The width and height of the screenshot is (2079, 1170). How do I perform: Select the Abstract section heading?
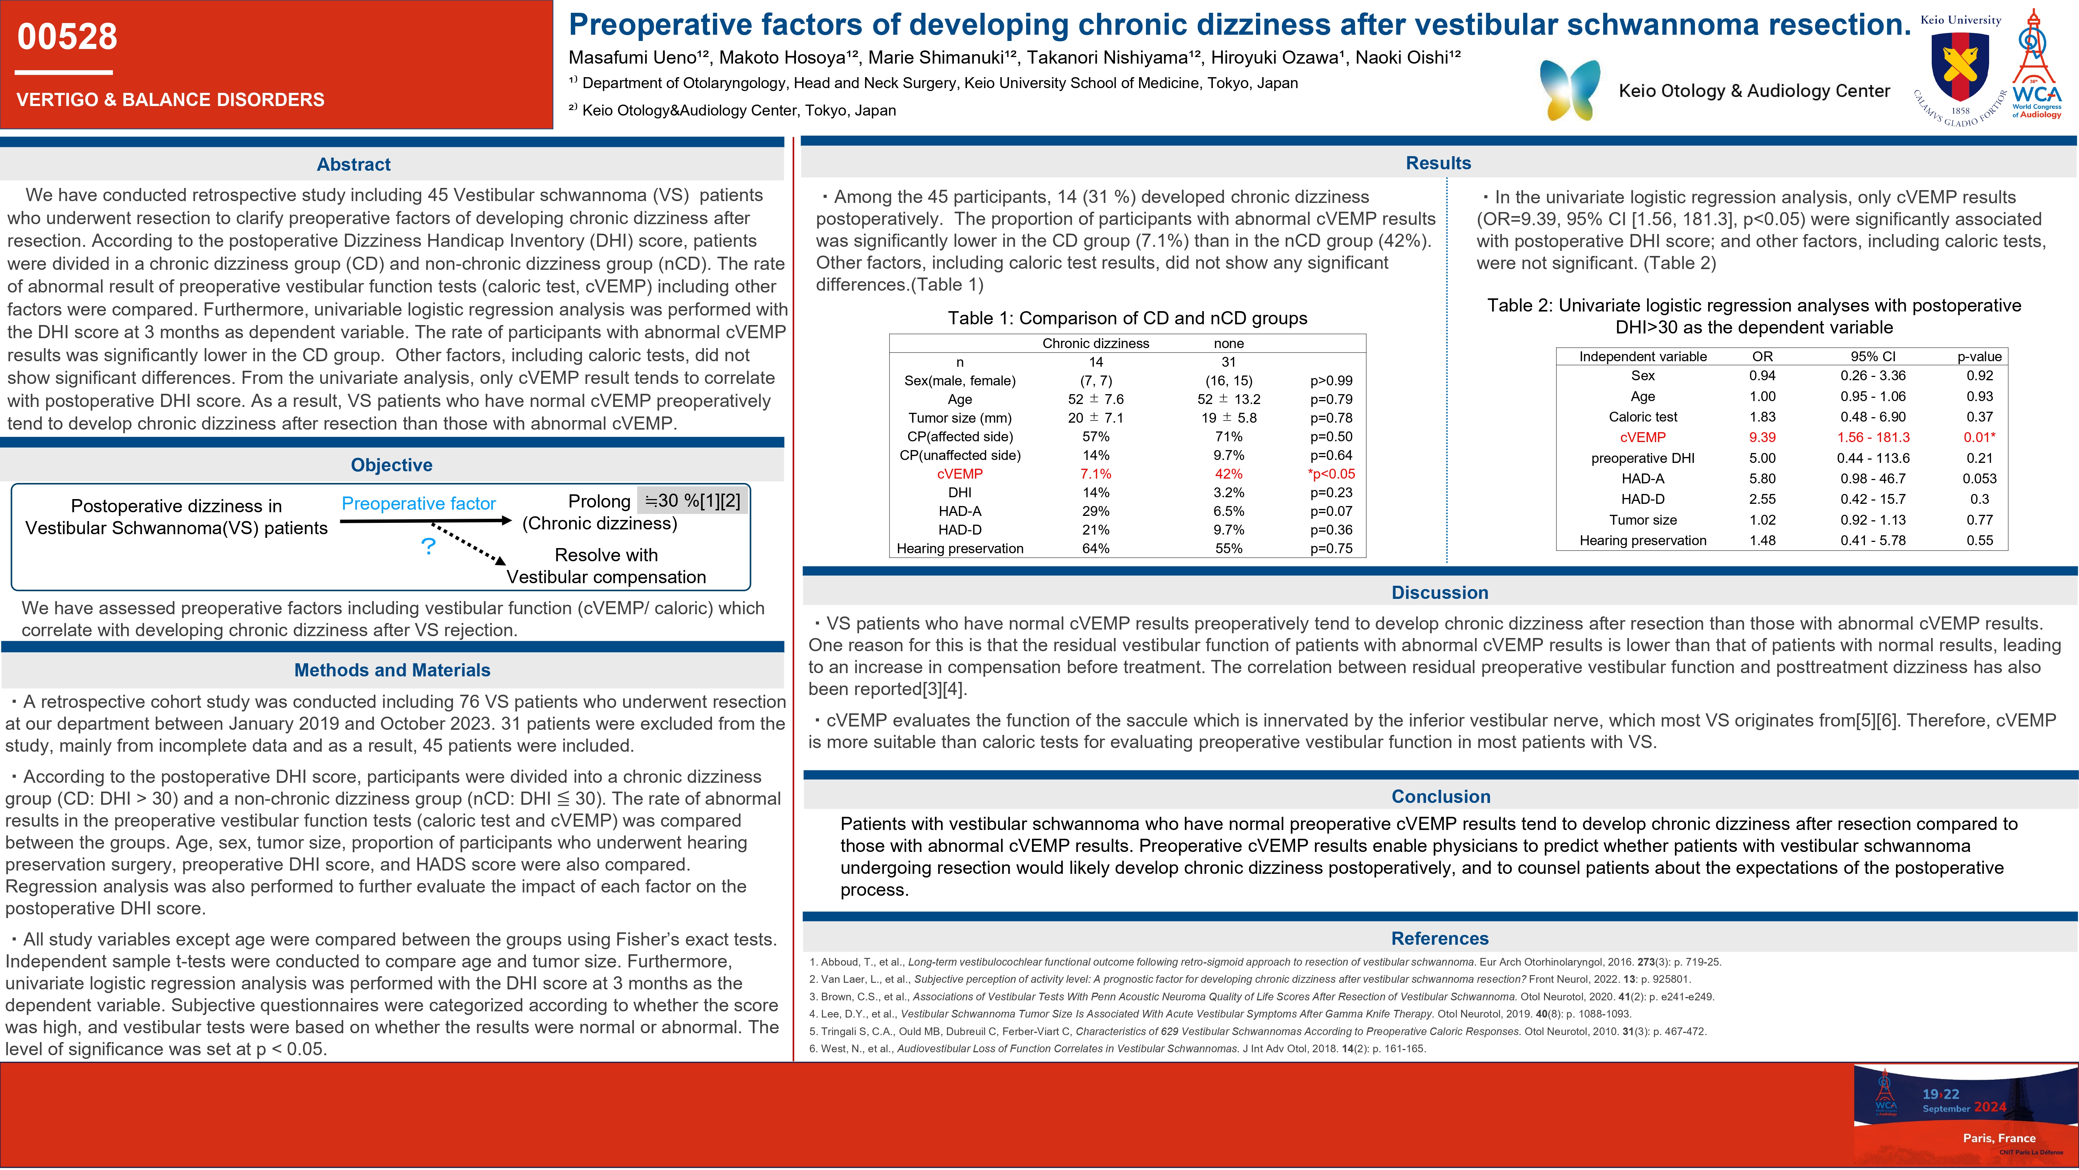[x=353, y=165]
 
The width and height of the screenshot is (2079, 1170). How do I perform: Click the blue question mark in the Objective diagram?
[x=429, y=547]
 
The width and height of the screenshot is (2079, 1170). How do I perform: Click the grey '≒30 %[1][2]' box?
[x=693, y=501]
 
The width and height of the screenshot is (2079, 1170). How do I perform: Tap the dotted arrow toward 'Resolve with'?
[x=468, y=543]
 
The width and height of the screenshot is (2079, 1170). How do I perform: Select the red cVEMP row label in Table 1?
[x=960, y=474]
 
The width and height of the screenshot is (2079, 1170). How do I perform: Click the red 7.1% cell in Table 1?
[x=1095, y=474]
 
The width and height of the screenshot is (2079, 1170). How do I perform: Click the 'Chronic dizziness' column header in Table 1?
[x=1095, y=343]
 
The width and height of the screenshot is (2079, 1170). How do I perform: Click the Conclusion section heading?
[x=1441, y=797]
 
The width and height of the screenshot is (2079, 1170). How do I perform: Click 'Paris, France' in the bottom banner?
[x=1998, y=1138]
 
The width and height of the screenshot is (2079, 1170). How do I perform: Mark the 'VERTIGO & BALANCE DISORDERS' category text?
[x=170, y=100]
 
